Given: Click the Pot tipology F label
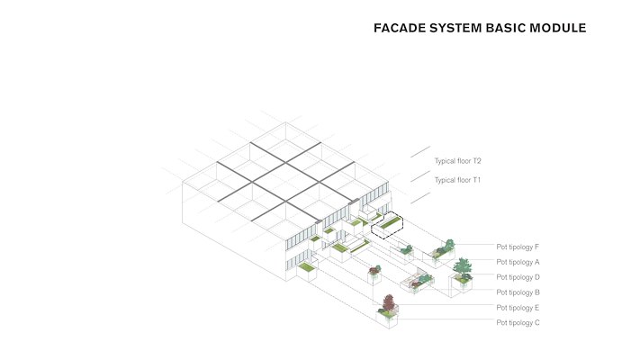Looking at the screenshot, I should (518, 246).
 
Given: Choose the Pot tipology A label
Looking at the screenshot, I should (518, 261).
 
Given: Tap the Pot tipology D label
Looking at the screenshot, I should (518, 276).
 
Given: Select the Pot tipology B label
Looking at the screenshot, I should (518, 292).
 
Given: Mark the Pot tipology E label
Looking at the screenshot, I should (518, 307).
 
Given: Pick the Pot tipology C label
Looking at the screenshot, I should (518, 322).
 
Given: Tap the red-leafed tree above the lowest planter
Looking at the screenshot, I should (388, 302).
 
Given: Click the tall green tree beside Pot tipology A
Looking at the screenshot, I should (463, 266).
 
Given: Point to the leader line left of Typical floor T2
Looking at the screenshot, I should (420, 152).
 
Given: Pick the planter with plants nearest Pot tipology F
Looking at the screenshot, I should (444, 250).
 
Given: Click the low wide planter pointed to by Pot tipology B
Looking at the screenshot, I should (419, 283).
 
